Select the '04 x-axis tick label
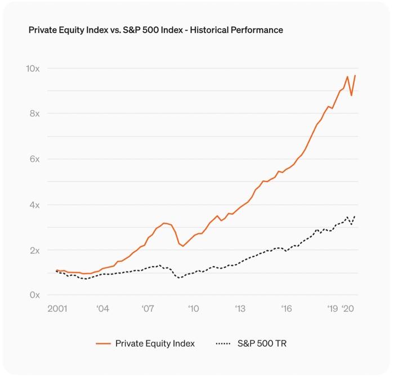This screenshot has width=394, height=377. (102, 308)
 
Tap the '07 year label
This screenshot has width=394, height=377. (147, 308)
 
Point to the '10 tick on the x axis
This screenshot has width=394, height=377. (194, 308)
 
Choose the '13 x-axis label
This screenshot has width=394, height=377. (240, 308)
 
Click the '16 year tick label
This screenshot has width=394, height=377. (286, 308)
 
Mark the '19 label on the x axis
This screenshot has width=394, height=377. (332, 308)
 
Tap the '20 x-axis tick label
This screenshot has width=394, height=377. (348, 308)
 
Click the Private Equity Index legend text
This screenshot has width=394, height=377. (155, 343)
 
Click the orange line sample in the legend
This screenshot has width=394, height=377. (102, 343)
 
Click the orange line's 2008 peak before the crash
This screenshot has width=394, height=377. (163, 223)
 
